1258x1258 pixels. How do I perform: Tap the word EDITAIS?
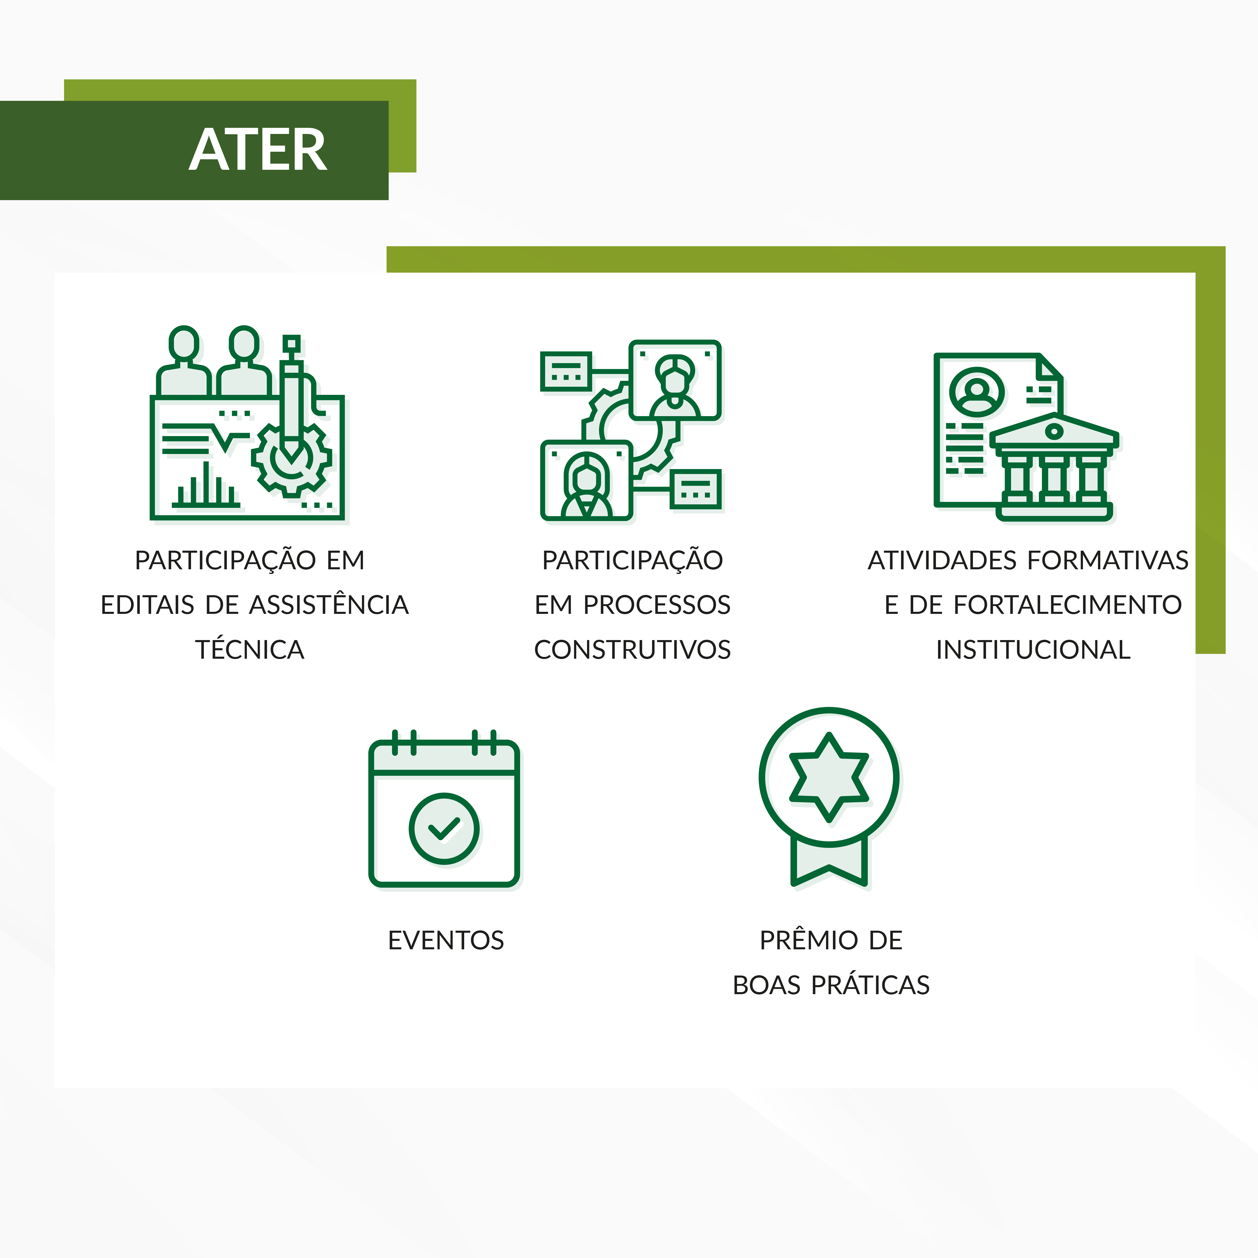pyautogui.click(x=148, y=605)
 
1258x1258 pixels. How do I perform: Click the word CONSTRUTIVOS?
pyautogui.click(x=632, y=650)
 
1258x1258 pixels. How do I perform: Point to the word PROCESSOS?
pyautogui.click(x=656, y=605)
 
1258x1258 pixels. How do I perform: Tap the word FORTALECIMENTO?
pyautogui.click(x=1068, y=605)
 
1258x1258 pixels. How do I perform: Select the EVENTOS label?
pyautogui.click(x=446, y=940)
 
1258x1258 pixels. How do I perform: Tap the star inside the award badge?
pyautogui.click(x=829, y=777)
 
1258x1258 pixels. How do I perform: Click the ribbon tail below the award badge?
pyautogui.click(x=829, y=863)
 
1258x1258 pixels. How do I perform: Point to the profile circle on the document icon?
pyautogui.click(x=976, y=392)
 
